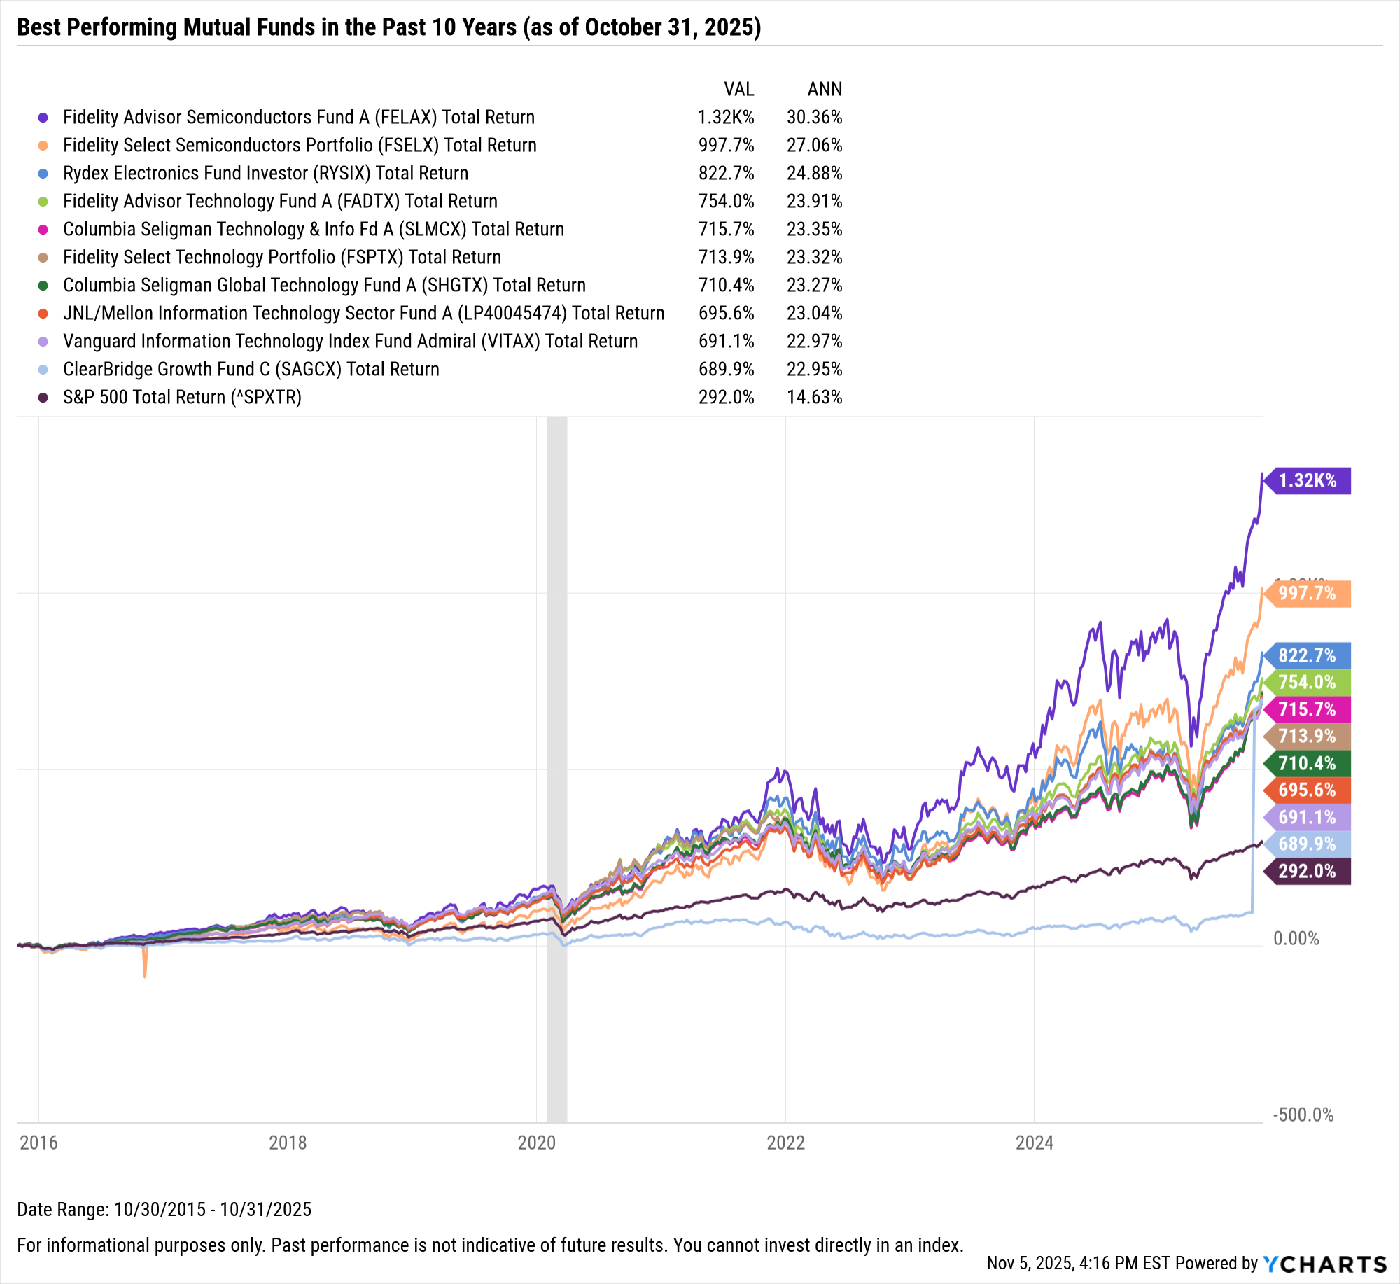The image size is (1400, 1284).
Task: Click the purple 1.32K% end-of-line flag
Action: point(1307,481)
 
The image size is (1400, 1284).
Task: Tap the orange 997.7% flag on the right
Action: point(1307,594)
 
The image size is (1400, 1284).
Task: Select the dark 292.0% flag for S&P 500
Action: point(1307,871)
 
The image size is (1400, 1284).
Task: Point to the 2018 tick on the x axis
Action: point(288,1143)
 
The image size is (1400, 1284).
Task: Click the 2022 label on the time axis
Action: point(785,1143)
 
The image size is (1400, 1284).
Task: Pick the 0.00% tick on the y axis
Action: point(1296,938)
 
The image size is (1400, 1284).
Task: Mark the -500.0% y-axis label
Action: point(1303,1115)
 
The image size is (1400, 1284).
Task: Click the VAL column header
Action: point(738,89)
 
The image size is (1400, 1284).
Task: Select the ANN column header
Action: point(825,89)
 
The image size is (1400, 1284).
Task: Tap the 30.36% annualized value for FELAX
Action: point(814,117)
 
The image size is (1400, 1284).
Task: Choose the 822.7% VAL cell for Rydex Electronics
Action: point(726,173)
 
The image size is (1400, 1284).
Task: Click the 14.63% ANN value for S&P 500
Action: point(814,397)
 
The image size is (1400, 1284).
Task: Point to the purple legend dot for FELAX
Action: point(43,118)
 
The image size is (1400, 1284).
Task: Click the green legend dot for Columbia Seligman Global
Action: point(43,286)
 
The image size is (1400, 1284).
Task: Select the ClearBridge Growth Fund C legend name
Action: point(251,369)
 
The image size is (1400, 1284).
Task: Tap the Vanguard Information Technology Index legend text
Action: point(350,341)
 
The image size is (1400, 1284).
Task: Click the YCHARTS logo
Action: point(1325,1264)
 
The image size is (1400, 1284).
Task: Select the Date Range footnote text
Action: point(164,1209)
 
